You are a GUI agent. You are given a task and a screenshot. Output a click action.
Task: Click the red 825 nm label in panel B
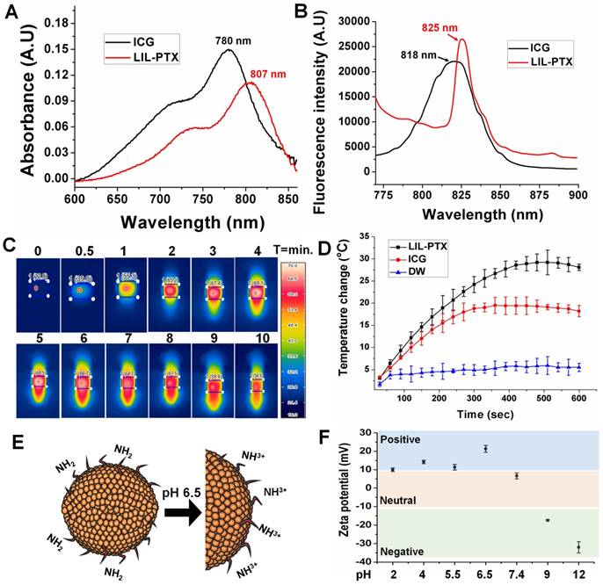(464, 28)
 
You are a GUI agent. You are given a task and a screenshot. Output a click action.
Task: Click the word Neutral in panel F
(400, 500)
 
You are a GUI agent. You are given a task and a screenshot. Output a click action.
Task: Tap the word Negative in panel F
(403, 551)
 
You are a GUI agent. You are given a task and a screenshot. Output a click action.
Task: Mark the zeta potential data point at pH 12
(578, 547)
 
